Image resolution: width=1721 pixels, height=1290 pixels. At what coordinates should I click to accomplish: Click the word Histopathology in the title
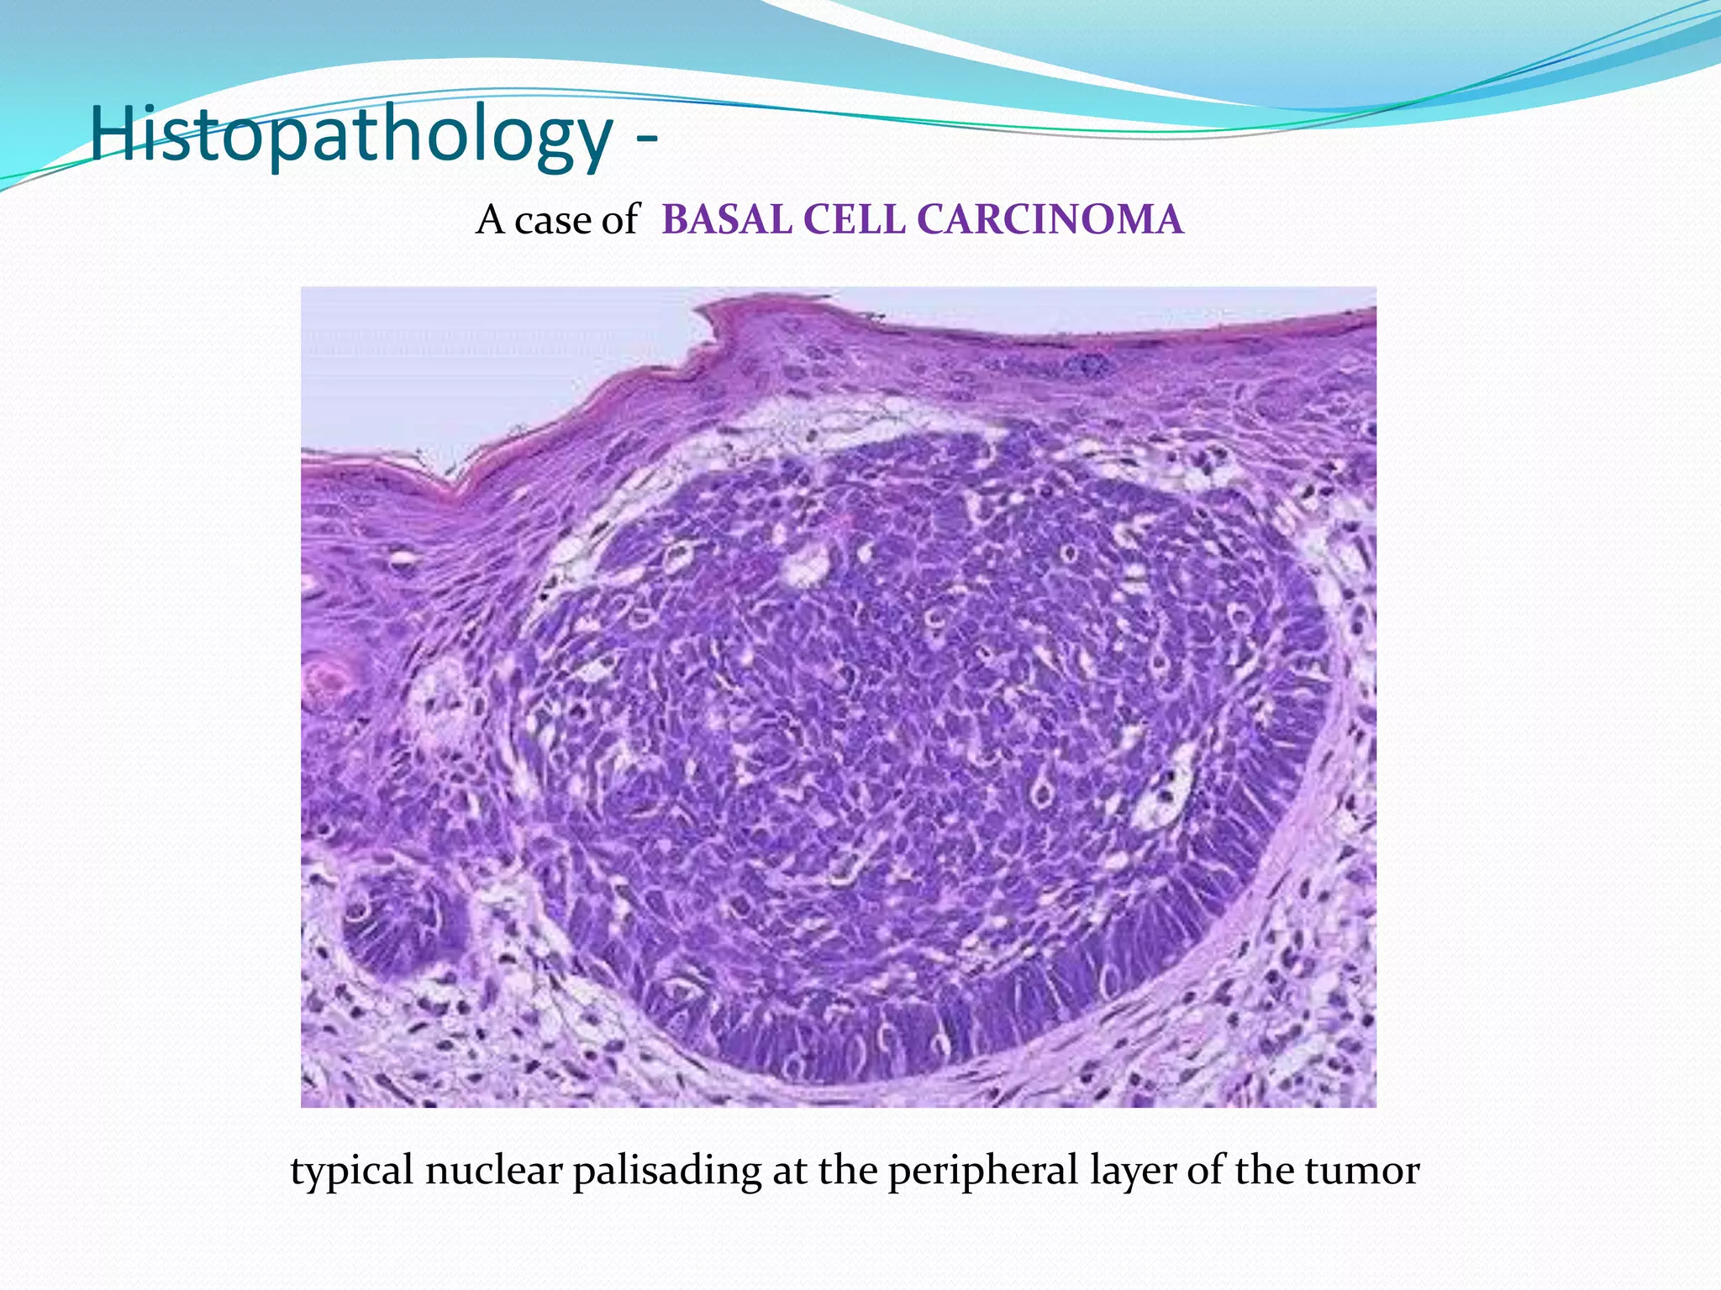[x=351, y=134]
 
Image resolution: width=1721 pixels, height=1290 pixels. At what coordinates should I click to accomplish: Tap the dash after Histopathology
[x=645, y=139]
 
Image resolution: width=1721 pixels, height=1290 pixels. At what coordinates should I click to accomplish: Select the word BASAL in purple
[x=727, y=220]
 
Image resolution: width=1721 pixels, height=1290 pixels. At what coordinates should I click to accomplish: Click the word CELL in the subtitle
[x=854, y=220]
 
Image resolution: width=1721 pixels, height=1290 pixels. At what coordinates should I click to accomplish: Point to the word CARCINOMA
[x=1050, y=220]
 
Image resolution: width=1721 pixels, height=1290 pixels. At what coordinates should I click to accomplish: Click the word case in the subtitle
[x=550, y=222]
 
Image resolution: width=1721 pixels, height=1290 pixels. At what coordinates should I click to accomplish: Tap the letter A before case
[x=490, y=220]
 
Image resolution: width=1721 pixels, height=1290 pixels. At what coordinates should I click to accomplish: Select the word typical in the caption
[x=351, y=1172]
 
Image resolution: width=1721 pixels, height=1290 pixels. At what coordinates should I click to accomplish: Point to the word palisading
[x=666, y=1172]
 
